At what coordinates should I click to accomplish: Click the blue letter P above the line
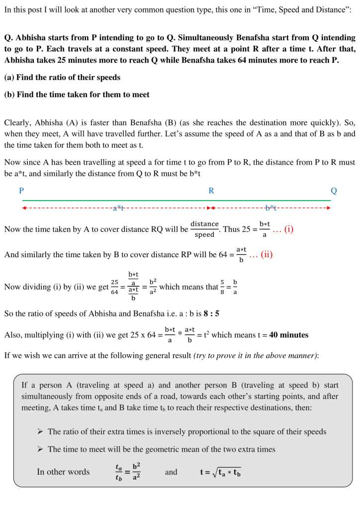pyautogui.click(x=21, y=191)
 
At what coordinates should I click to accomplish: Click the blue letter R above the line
pyautogui.click(x=211, y=191)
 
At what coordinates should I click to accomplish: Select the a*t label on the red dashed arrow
pyautogui.click(x=118, y=208)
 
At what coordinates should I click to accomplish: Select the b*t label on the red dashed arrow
pyautogui.click(x=270, y=208)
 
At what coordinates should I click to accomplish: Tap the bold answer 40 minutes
pyautogui.click(x=288, y=335)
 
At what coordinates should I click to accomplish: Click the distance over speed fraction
pyautogui.click(x=204, y=229)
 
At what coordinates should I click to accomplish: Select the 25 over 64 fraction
pyautogui.click(x=115, y=287)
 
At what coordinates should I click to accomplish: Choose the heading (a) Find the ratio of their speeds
pyautogui.click(x=62, y=78)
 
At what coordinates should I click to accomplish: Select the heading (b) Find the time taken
pyautogui.click(x=77, y=95)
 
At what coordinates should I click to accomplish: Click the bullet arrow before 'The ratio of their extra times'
pyautogui.click(x=40, y=432)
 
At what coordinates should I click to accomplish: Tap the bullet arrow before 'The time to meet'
pyautogui.click(x=40, y=449)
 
